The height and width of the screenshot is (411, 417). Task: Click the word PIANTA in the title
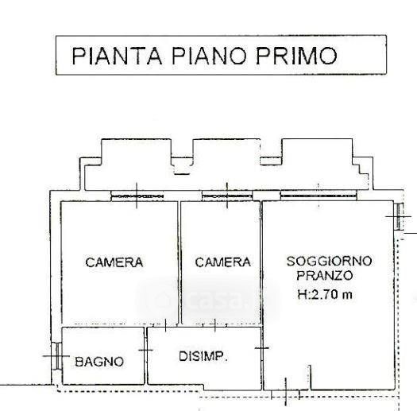click(x=117, y=56)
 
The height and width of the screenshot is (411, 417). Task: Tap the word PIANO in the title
click(x=208, y=56)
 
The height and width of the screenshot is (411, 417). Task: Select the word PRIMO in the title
click(x=296, y=56)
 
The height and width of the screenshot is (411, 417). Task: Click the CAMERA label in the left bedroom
click(x=114, y=262)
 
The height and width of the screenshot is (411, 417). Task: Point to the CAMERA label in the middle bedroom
click(x=223, y=262)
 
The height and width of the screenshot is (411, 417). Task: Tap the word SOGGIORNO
click(x=329, y=261)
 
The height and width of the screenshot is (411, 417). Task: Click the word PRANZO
click(x=324, y=275)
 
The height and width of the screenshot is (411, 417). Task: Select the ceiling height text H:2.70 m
click(x=325, y=294)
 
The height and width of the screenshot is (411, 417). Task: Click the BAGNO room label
click(x=99, y=362)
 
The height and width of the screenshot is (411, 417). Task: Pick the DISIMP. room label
click(x=203, y=356)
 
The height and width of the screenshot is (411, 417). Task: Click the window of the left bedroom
click(x=137, y=196)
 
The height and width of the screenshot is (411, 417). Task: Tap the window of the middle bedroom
click(x=227, y=196)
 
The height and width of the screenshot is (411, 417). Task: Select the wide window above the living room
click(x=319, y=196)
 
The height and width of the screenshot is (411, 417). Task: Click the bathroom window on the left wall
click(x=57, y=356)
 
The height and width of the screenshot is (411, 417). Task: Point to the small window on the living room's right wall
click(x=399, y=217)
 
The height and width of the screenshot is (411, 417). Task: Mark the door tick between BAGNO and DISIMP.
click(x=145, y=350)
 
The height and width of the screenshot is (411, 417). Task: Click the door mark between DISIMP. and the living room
click(x=262, y=348)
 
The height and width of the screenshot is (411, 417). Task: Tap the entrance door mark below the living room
click(x=286, y=392)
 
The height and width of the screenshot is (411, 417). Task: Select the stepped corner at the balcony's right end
click(x=361, y=168)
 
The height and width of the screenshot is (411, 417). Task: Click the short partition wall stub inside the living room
click(x=310, y=378)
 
